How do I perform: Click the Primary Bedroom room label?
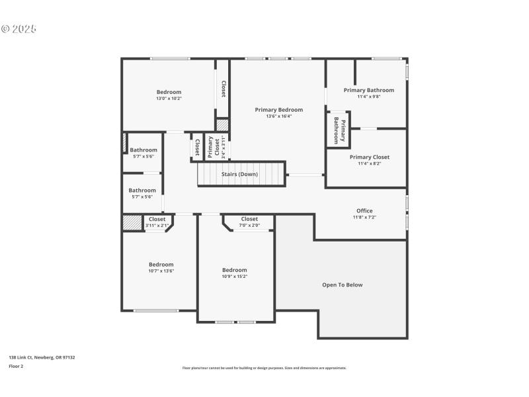click(279, 110)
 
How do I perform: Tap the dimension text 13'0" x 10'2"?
click(169, 99)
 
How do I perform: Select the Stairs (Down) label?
click(239, 175)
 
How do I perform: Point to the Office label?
click(364, 211)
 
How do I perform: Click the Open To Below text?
click(342, 285)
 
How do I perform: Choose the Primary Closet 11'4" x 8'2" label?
click(369, 157)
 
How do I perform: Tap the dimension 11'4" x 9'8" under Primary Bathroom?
click(368, 97)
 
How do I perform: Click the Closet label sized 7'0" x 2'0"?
click(249, 219)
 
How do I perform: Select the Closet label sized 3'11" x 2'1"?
click(157, 219)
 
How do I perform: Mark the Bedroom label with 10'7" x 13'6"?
click(161, 264)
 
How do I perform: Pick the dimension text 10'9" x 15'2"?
click(234, 277)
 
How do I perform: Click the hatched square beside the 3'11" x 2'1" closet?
click(132, 222)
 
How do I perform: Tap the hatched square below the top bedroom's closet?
click(223, 124)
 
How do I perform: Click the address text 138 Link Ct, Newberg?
click(42, 357)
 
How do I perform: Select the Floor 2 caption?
click(16, 366)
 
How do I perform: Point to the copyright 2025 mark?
click(19, 29)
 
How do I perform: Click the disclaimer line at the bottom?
click(264, 368)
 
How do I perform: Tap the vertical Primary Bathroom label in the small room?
click(339, 129)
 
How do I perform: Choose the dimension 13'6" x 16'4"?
click(279, 116)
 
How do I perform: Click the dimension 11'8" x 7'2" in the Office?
click(364, 217)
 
